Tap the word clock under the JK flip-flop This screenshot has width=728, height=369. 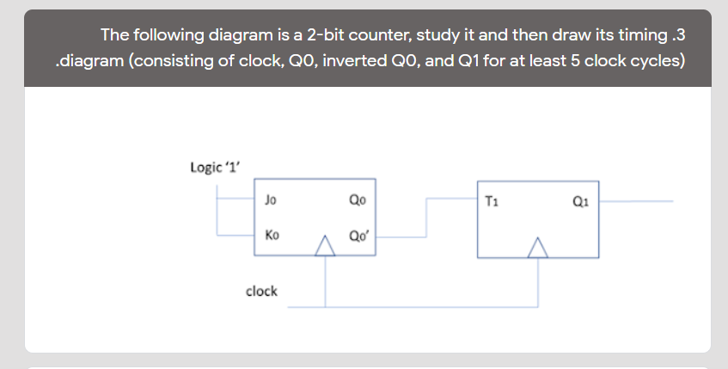click(261, 291)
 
